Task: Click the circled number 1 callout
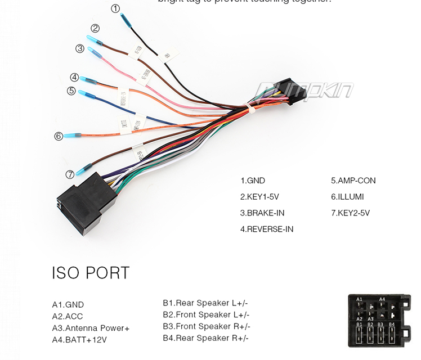[x=115, y=8]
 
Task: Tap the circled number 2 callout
[x=95, y=28]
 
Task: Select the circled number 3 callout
[x=80, y=48]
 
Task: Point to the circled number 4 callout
[x=74, y=78]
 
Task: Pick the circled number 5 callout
[x=71, y=91]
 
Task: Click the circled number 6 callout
[x=59, y=136]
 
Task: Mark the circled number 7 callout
[x=70, y=174]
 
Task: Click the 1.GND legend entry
[x=252, y=181]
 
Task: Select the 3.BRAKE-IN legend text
[x=262, y=213]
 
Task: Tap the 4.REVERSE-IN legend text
[x=266, y=229]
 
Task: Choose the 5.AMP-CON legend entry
[x=353, y=181]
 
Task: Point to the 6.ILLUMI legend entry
[x=347, y=197]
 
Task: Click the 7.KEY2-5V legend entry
[x=350, y=213]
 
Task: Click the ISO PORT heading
[x=91, y=273]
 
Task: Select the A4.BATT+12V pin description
[x=79, y=340]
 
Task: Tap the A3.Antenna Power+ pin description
[x=91, y=328]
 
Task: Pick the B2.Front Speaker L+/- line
[x=206, y=315]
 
